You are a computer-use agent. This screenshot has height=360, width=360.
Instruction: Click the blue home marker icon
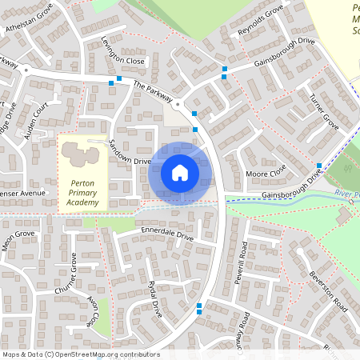(x=180, y=173)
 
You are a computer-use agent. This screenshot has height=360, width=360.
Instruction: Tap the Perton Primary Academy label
(x=82, y=192)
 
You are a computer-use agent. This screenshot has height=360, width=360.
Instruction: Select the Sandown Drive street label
(x=130, y=151)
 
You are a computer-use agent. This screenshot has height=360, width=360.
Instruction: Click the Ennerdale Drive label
(x=167, y=237)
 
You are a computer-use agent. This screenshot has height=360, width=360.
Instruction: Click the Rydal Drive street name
(x=154, y=300)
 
